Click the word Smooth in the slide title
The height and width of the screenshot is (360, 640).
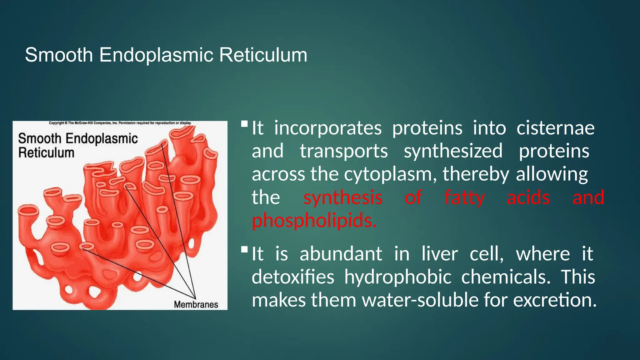[59, 55]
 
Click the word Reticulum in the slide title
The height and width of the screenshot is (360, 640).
[263, 55]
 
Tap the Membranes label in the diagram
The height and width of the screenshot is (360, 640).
[196, 304]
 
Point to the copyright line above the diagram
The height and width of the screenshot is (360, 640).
[120, 123]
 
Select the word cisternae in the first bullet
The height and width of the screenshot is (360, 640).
[555, 128]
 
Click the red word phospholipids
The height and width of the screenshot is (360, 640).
[314, 220]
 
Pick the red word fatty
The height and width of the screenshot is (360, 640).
[464, 197]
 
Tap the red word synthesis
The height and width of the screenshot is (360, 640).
[343, 197]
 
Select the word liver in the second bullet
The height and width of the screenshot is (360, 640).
[439, 253]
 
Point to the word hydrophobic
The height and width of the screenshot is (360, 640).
[397, 277]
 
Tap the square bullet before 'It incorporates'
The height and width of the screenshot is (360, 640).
[244, 124]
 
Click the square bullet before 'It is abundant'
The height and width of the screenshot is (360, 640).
[244, 249]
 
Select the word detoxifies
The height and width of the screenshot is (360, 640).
[293, 277]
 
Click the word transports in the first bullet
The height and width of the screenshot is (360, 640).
[343, 151]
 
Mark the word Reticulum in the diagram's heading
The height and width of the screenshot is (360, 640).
[46, 153]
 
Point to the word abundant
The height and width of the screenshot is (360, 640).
[341, 253]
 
